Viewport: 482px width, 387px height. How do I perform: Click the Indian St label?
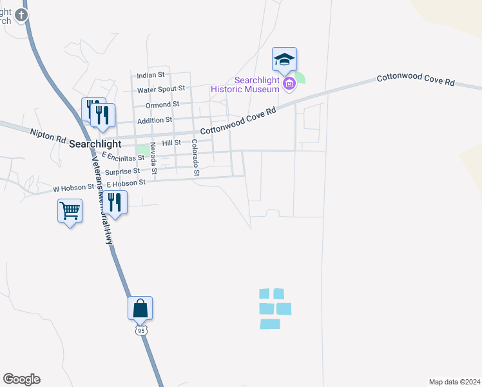coord(151,75)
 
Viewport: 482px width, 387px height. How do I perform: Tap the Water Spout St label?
coord(161,88)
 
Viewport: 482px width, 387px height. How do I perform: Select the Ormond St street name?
coord(162,104)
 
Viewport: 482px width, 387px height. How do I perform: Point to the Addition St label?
coord(155,120)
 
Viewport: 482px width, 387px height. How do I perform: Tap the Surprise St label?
coord(122,172)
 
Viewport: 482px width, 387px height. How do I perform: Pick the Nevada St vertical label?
coord(154,159)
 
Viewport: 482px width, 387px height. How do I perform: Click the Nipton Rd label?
coord(48,135)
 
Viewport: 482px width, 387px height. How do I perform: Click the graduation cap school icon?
coord(284,60)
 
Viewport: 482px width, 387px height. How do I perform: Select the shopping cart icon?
coord(70,210)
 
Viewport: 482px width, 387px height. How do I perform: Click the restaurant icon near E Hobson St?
coord(115,202)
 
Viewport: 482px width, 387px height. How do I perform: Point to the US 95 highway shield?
coord(141,330)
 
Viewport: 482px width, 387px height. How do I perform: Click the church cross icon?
coord(22,14)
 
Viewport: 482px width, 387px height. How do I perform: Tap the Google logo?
coord(21,379)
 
